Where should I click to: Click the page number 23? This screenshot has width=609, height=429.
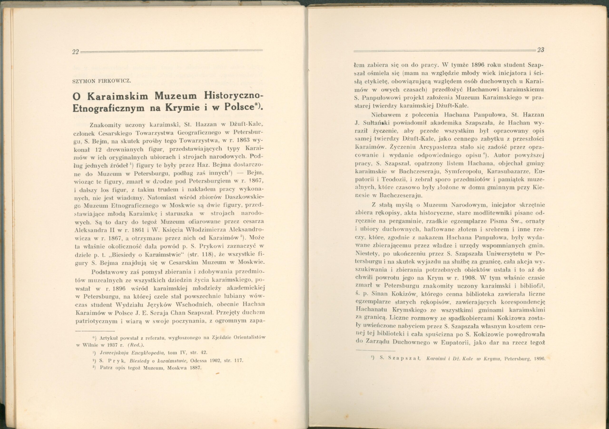click(540, 50)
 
